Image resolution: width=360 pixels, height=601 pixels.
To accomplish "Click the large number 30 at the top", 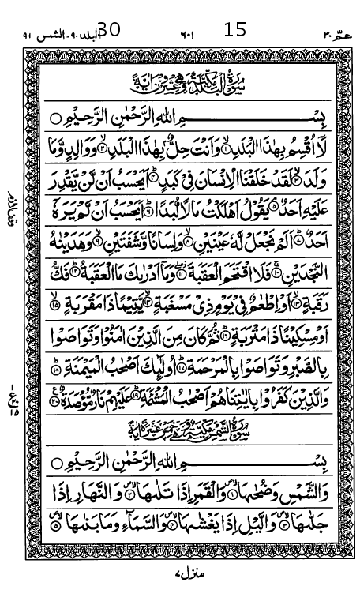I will pos(107,30).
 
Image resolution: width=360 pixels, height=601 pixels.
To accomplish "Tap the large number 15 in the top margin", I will pos(235,30).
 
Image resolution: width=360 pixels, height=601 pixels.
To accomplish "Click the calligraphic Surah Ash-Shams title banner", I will pos(181,430).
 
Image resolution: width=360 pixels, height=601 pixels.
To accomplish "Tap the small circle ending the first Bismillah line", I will pos(56,117).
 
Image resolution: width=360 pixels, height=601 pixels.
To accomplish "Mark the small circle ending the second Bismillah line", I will pos(56,460).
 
